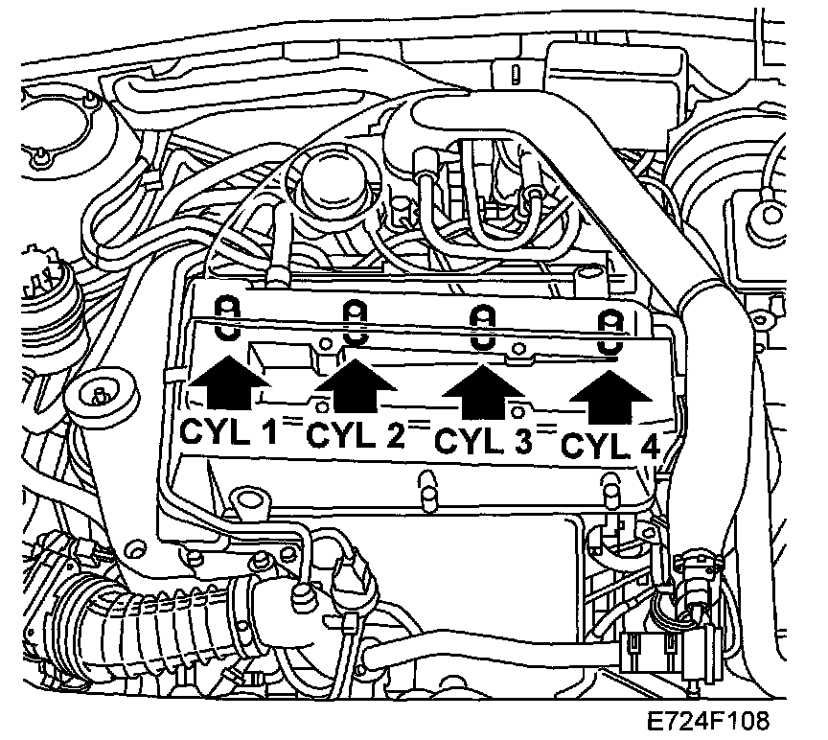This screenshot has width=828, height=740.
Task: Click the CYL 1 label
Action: pyautogui.click(x=228, y=433)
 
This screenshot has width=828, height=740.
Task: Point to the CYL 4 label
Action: pyautogui.click(x=609, y=446)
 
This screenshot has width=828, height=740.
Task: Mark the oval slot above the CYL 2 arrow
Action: pyautogui.click(x=356, y=322)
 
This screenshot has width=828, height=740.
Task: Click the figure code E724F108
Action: pyautogui.click(x=706, y=720)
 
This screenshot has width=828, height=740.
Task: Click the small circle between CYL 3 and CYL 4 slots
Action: pyautogui.click(x=518, y=348)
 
